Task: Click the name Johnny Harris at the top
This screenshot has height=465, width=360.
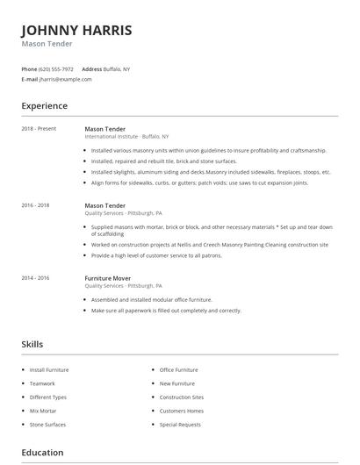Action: coord(77,31)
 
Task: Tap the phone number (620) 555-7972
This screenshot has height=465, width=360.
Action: coord(55,68)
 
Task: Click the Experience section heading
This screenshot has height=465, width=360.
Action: coord(44,106)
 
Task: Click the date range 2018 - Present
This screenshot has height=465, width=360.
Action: coord(39,129)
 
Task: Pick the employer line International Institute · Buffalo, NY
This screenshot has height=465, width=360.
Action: coord(126,137)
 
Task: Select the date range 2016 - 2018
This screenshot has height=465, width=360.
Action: coord(36,204)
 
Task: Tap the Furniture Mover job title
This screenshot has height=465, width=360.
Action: coord(110,277)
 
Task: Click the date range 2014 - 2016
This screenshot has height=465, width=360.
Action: coord(36,277)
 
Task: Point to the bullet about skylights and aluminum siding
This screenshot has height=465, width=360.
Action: coord(211,172)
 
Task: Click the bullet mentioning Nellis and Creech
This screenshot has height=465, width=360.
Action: coord(209,245)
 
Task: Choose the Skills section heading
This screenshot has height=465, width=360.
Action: coord(32,344)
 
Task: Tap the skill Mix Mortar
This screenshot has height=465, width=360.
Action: coord(44,411)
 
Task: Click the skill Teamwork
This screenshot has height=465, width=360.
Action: coord(42,383)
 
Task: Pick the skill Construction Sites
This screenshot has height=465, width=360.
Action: coord(181,397)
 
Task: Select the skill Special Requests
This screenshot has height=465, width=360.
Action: coord(180,425)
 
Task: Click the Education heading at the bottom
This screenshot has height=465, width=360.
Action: coord(42,453)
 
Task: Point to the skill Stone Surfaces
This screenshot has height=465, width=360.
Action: coord(47,425)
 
